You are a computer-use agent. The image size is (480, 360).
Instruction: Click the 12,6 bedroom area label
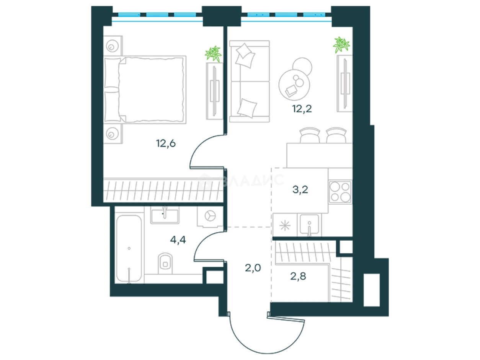tap(166, 143)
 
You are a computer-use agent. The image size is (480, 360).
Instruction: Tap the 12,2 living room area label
tap(302, 108)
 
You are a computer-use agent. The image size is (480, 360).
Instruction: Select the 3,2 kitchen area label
tap(300, 189)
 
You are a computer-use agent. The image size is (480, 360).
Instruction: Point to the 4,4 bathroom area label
tap(178, 240)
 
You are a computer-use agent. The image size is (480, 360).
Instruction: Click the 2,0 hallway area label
tap(253, 268)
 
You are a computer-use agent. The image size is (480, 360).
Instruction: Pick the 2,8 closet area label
tap(298, 276)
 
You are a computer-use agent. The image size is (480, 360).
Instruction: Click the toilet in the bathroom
tap(165, 263)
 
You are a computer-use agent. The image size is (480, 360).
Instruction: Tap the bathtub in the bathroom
tap(129, 248)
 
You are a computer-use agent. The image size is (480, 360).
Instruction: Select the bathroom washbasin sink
tap(165, 216)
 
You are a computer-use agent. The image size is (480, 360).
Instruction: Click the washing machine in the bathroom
tap(210, 216)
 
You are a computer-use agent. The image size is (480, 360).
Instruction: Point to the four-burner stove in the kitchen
tap(340, 192)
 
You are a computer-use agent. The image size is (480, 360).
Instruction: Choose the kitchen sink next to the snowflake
tap(309, 224)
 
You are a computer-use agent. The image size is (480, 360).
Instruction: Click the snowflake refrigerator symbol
tap(285, 225)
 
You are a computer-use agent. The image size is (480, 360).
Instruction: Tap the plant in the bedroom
tap(213, 54)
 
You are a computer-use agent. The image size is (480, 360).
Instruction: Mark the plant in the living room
tap(341, 45)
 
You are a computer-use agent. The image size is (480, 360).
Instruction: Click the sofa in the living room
tap(249, 81)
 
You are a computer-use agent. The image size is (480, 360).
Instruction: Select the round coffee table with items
tap(294, 85)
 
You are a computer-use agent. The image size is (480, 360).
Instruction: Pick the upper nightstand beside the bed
tap(113, 46)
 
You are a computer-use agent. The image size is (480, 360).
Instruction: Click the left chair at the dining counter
tap(310, 135)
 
